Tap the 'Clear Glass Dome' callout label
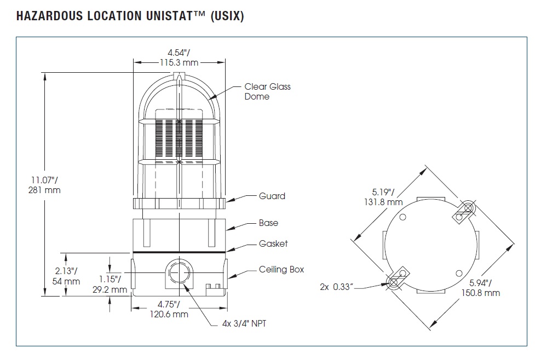click(x=267, y=91)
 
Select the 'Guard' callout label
click(x=272, y=196)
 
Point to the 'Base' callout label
click(x=268, y=223)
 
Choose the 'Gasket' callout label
click(x=273, y=243)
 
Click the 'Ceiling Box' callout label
click(x=281, y=269)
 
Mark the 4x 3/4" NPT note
click(x=241, y=323)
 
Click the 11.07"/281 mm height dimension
click(x=45, y=184)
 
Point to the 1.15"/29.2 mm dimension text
click(x=111, y=284)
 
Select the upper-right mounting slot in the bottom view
click(x=465, y=211)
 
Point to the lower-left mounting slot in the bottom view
click(x=398, y=278)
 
